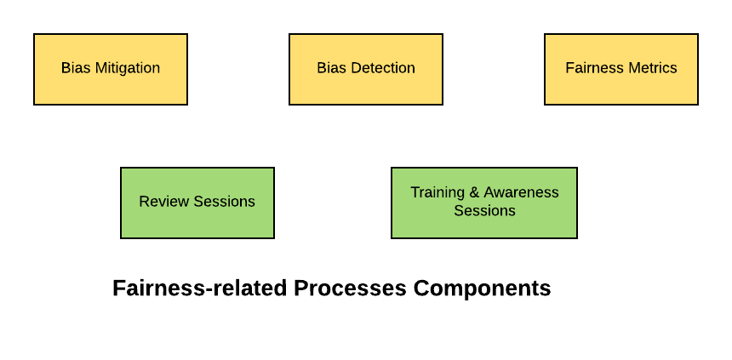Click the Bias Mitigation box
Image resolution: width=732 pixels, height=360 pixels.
pyautogui.click(x=111, y=69)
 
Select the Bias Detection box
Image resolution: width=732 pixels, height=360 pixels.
pyautogui.click(x=366, y=69)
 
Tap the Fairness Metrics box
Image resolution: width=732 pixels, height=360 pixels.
pyautogui.click(x=621, y=69)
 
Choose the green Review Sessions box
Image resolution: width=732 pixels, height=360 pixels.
pyautogui.click(x=197, y=203)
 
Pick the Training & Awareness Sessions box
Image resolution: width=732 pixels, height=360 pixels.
pyautogui.click(x=484, y=203)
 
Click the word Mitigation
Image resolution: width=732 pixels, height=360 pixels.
pyautogui.click(x=128, y=68)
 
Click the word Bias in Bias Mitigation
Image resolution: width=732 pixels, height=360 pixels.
pyautogui.click(x=76, y=68)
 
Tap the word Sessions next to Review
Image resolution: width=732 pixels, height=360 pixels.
pyautogui.click(x=224, y=201)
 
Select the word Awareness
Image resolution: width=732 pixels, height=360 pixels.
pyautogui.click(x=521, y=192)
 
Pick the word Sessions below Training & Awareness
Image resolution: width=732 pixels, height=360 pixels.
pyautogui.click(x=484, y=210)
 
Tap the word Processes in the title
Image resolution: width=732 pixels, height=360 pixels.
pyautogui.click(x=350, y=289)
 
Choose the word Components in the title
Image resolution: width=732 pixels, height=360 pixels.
pyautogui.click(x=483, y=289)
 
